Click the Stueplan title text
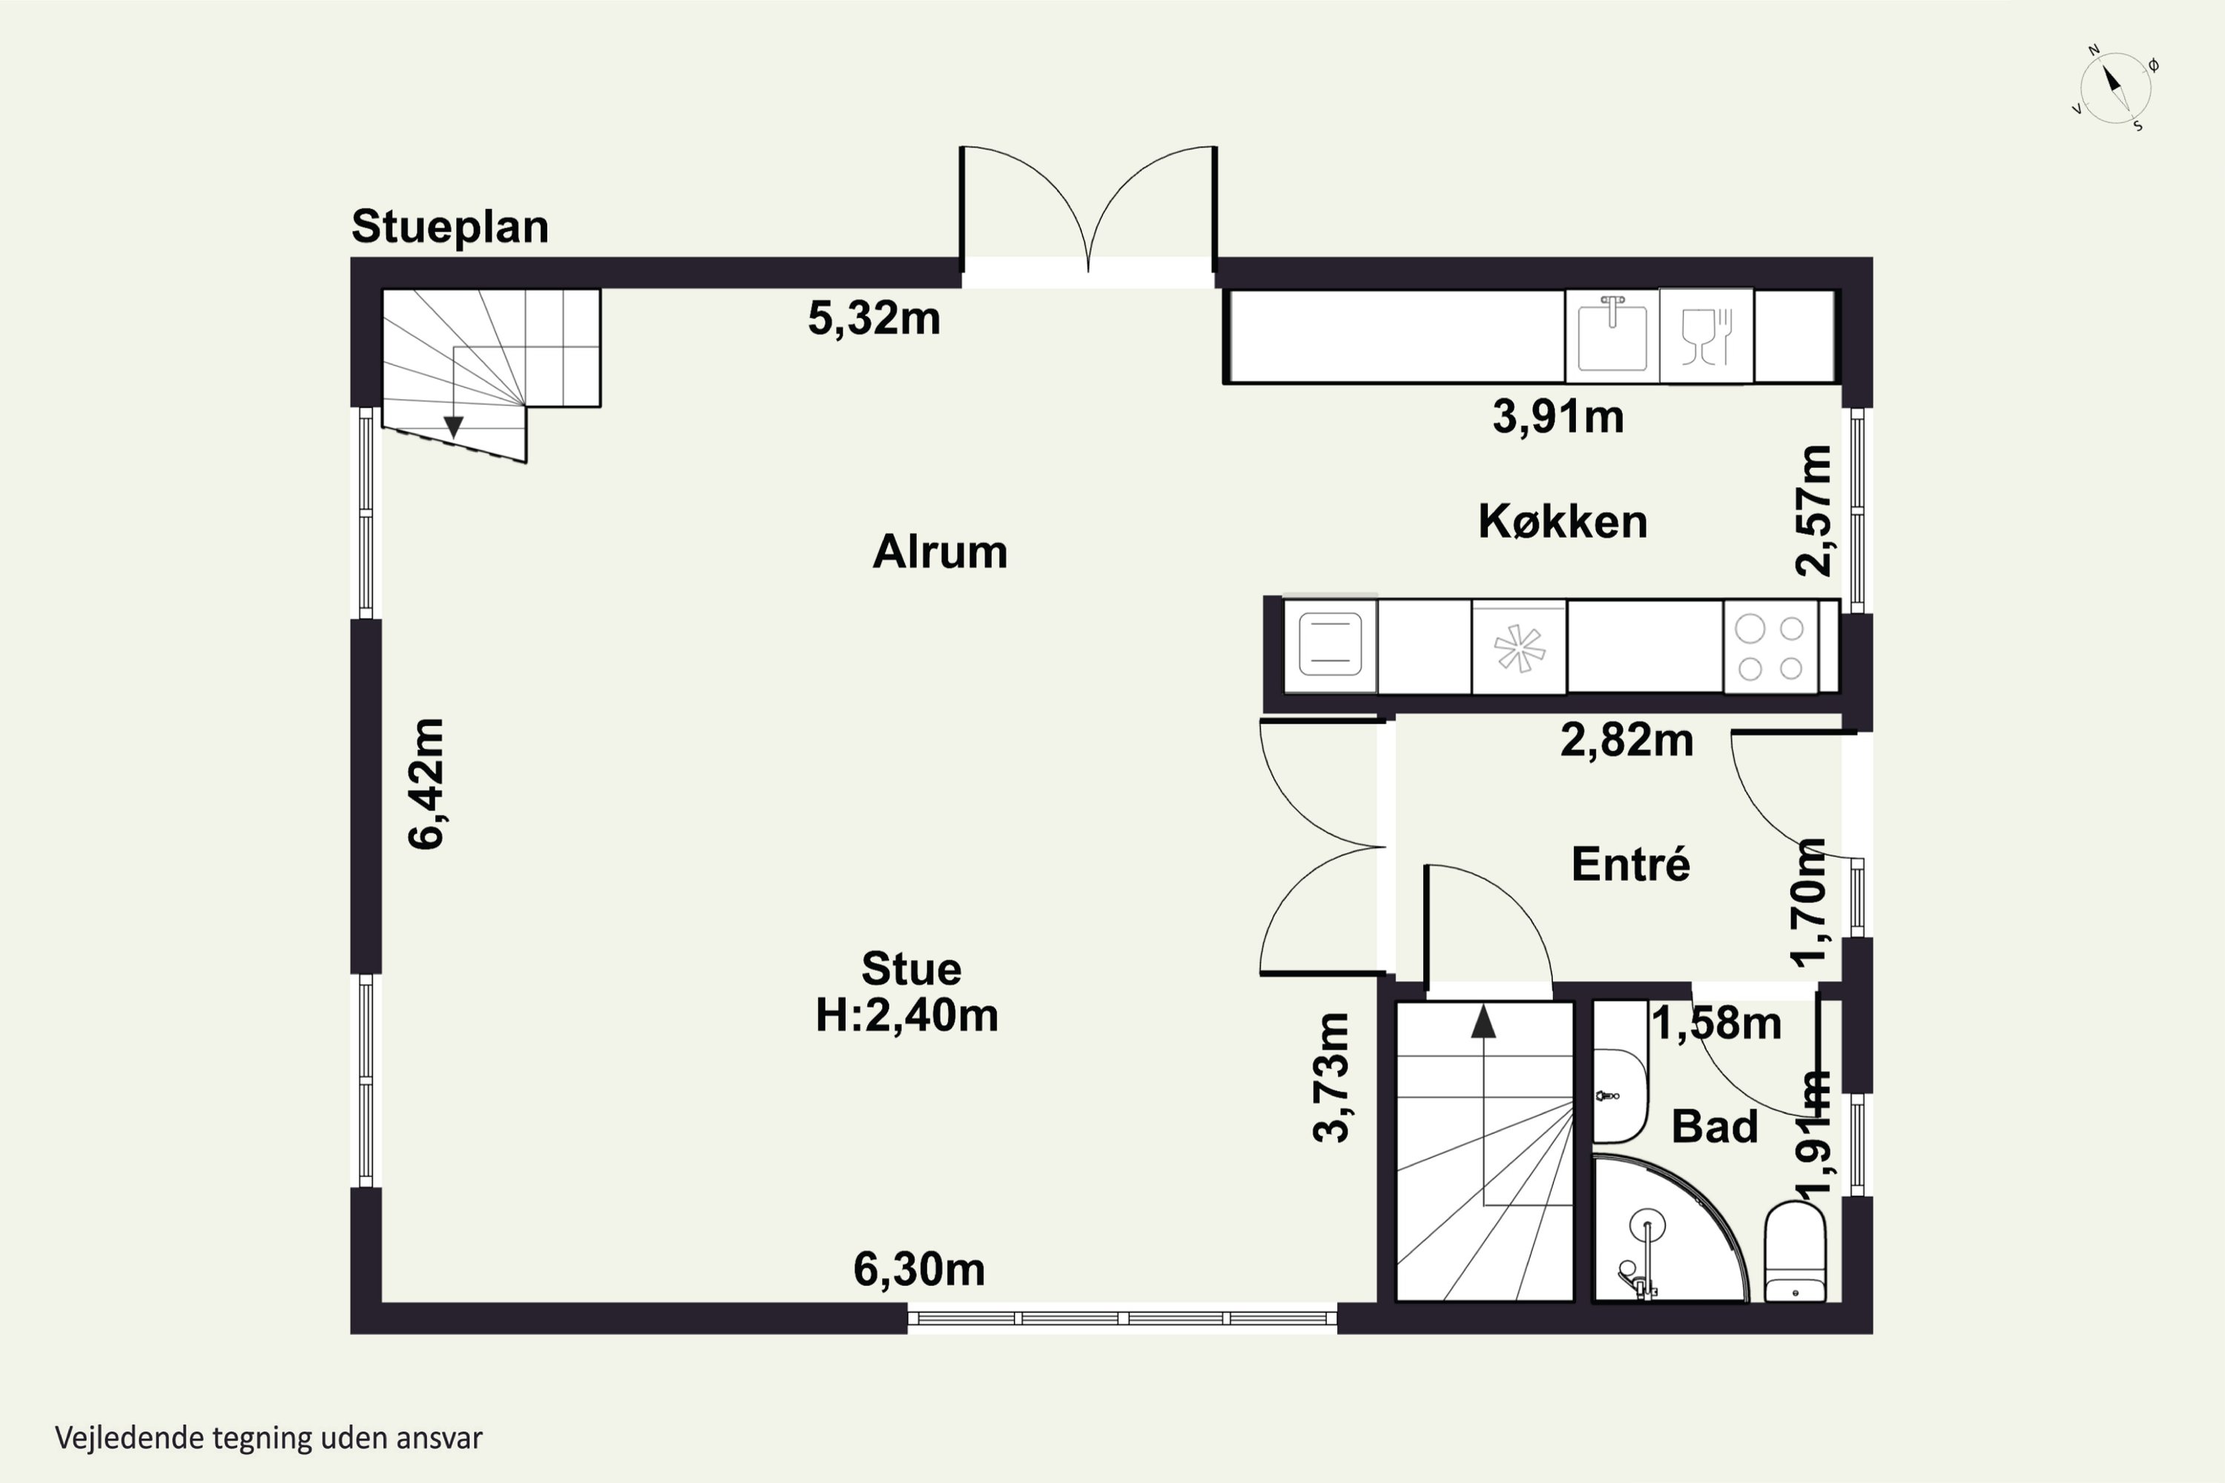[x=450, y=227]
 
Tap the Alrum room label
[x=940, y=552]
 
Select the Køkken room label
[x=1563, y=522]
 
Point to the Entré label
[x=1631, y=865]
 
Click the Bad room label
[x=1714, y=1126]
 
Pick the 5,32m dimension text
[x=874, y=319]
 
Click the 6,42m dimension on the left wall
[x=426, y=784]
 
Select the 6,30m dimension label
[x=920, y=1269]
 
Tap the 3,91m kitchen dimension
[x=1558, y=416]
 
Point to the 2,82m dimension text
[x=1626, y=739]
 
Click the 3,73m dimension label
[x=1332, y=1077]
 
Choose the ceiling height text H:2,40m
[x=906, y=1016]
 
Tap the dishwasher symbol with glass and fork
[x=1706, y=335]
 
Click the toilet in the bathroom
[x=1795, y=1252]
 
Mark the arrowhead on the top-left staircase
[x=453, y=428]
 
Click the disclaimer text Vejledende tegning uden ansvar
[x=268, y=1439]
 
